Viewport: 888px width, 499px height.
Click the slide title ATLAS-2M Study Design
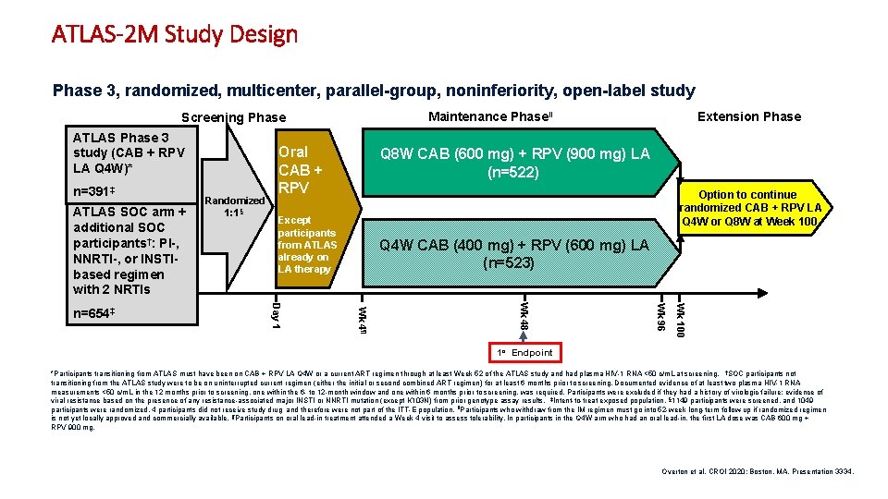tap(175, 35)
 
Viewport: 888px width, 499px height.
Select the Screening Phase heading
tap(234, 117)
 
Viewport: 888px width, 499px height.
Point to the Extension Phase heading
tap(749, 116)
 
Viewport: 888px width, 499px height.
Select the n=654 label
tap(92, 313)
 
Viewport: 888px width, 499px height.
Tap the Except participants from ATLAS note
tap(306, 245)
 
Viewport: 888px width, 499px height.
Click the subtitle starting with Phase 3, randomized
tap(374, 91)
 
